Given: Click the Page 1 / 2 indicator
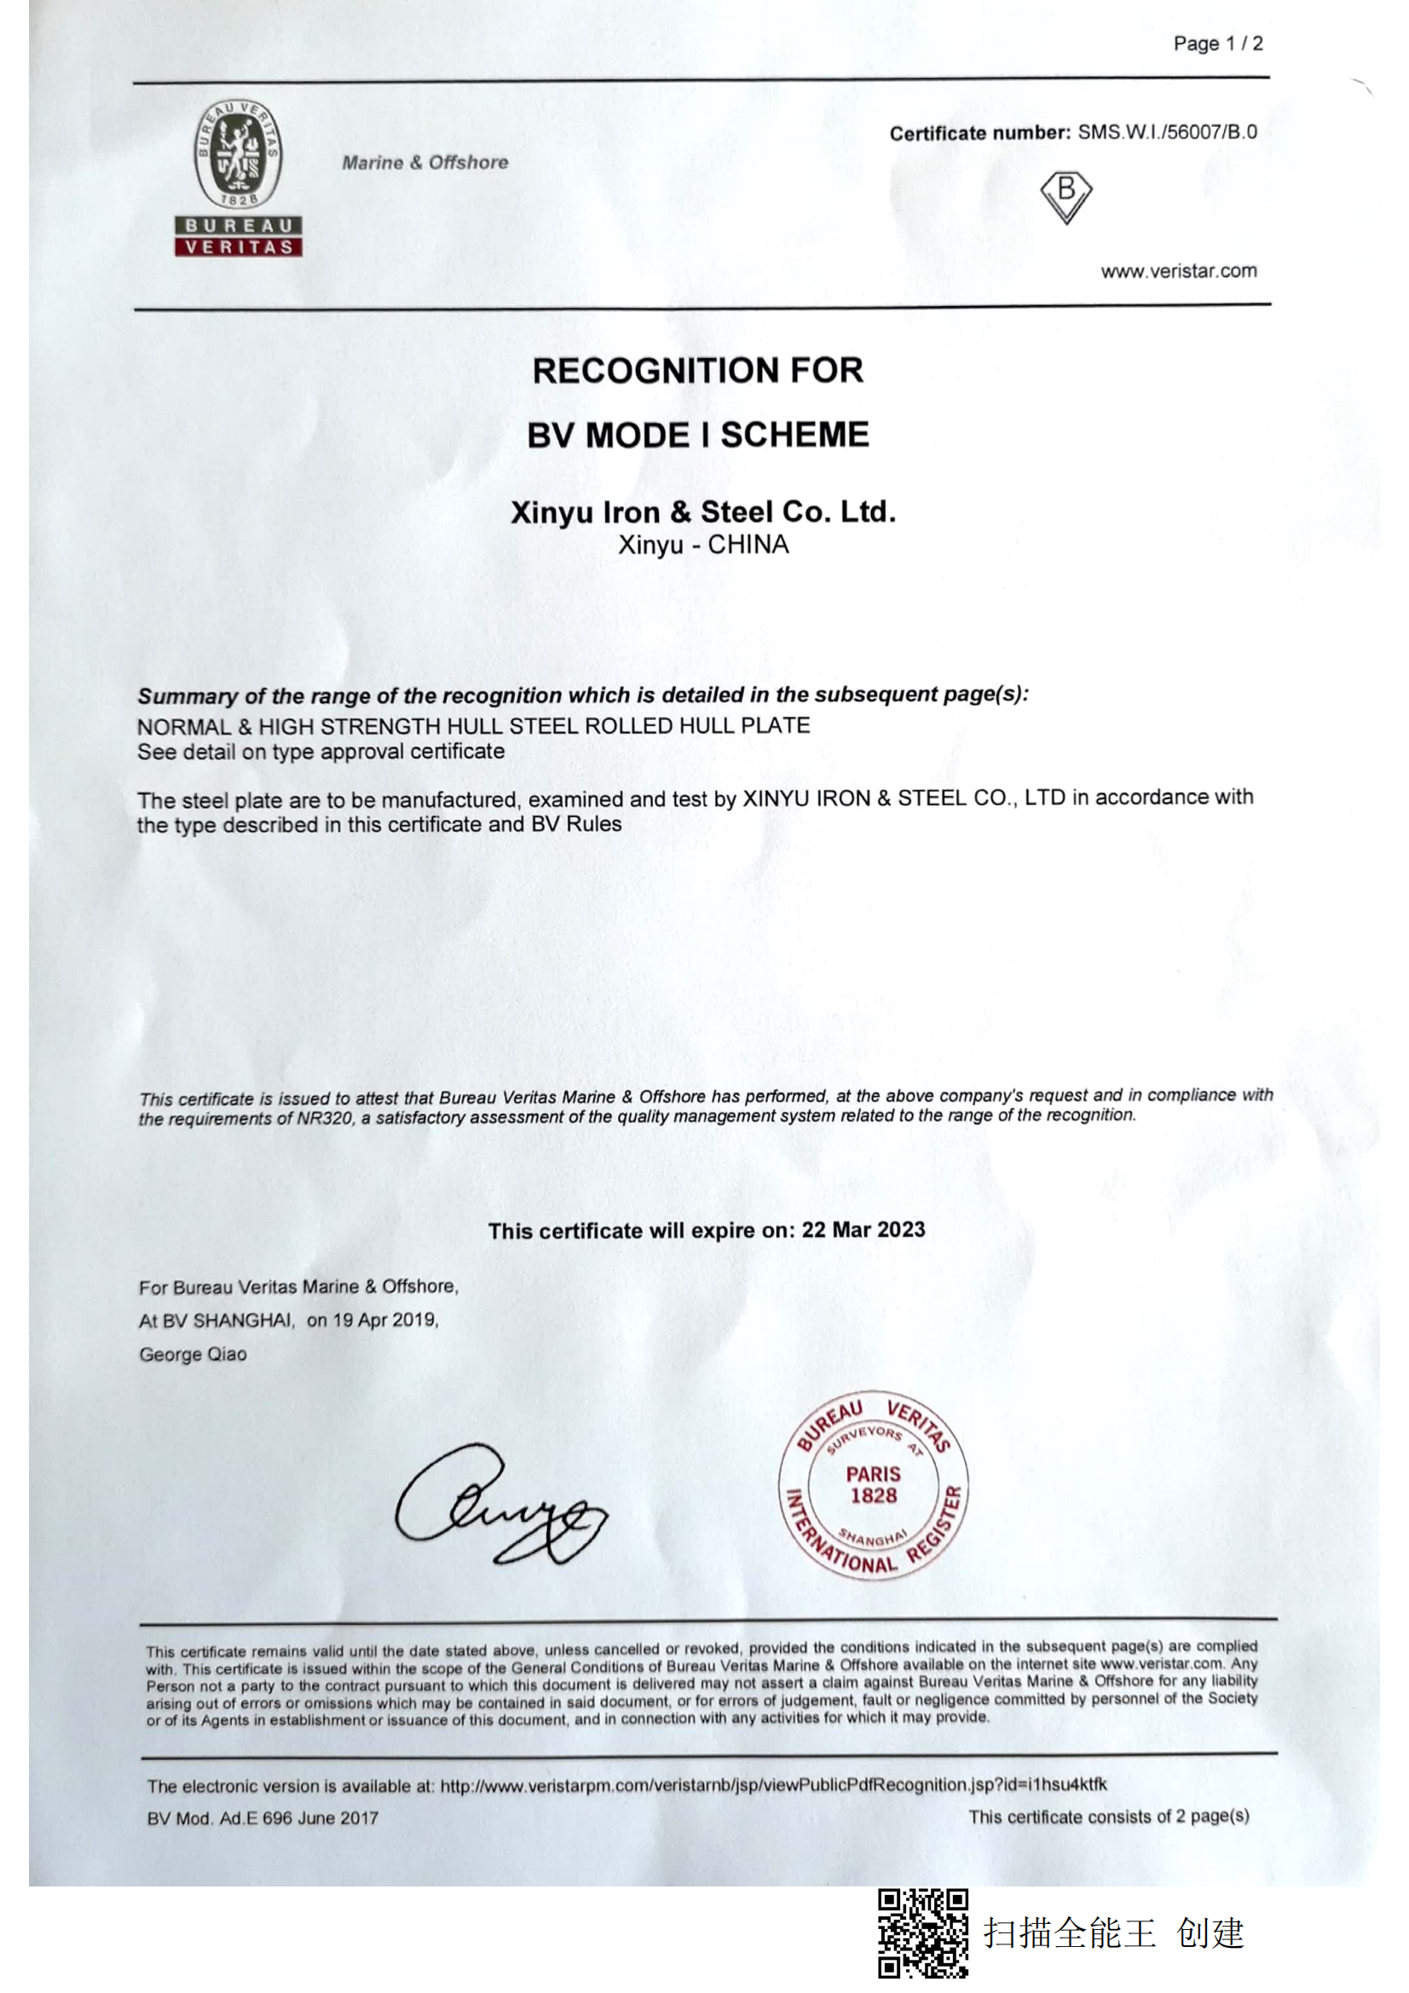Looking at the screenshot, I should point(1217,43).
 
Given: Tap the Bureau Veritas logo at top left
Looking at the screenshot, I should point(238,177).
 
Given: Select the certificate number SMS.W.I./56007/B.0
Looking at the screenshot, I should point(1167,132).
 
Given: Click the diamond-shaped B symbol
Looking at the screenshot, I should point(1065,196).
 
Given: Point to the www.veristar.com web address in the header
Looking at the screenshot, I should point(1178,271).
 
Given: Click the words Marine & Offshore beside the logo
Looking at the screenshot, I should point(424,163).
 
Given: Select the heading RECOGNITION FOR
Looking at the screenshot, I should point(697,371).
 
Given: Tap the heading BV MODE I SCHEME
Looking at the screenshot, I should point(697,435).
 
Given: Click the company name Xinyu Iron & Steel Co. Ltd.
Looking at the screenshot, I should point(702,511).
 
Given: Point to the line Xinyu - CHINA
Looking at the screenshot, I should point(702,545).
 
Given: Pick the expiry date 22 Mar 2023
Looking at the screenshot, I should point(863,1230).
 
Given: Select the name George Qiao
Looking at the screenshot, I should point(193,1354).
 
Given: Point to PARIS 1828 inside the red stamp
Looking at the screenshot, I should point(874,1484).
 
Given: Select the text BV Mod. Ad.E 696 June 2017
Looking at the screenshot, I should point(263,1817).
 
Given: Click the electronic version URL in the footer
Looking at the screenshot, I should point(772,1785).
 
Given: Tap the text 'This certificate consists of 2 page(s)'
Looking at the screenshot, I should point(1108,1817).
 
